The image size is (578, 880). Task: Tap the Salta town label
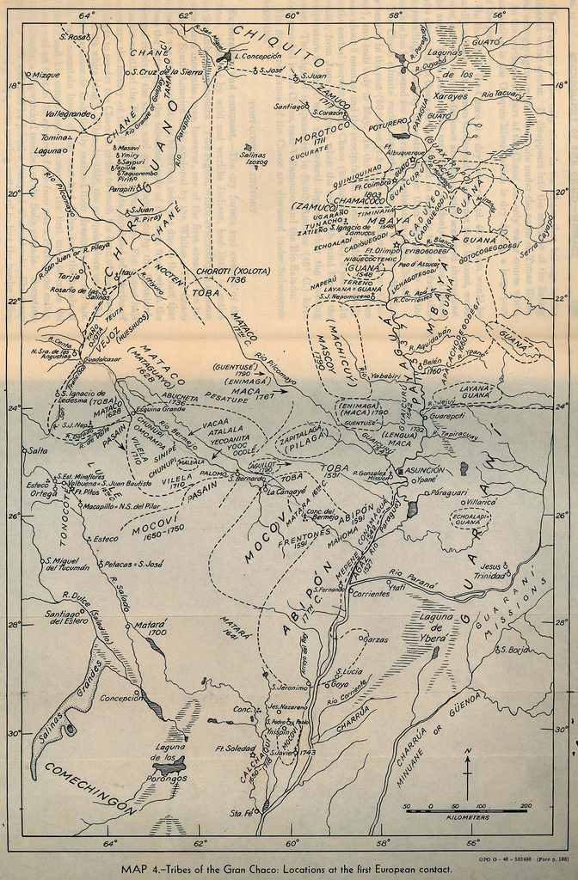pyautogui.click(x=37, y=450)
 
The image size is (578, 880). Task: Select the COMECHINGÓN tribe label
pyautogui.click(x=90, y=787)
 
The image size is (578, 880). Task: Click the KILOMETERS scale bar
pyautogui.click(x=468, y=812)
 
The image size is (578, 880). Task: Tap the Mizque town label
pyautogui.click(x=46, y=75)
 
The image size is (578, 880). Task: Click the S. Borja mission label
pyautogui.click(x=513, y=650)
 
